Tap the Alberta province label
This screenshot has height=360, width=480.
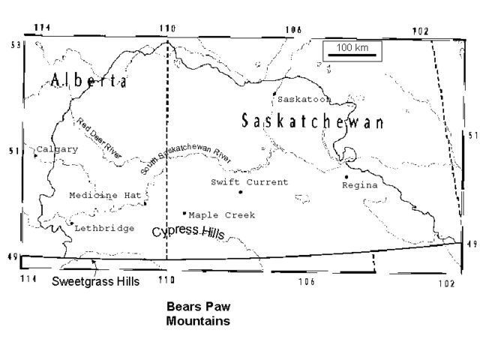click(x=88, y=81)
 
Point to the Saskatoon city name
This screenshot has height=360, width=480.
click(x=304, y=99)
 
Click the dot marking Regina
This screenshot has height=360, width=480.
click(x=346, y=176)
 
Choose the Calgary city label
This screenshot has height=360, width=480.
click(x=57, y=149)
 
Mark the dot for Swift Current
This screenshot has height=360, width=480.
click(x=241, y=192)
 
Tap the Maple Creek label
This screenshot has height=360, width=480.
click(x=222, y=215)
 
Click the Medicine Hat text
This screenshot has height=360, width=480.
click(x=105, y=195)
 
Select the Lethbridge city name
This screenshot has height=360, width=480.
click(x=104, y=228)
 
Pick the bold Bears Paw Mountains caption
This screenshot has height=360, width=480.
click(x=198, y=314)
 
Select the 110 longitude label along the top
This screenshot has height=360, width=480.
click(x=166, y=28)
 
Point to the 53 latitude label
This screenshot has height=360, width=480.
click(x=13, y=45)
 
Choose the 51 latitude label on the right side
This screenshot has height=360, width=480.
click(x=472, y=136)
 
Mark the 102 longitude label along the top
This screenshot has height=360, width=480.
click(x=421, y=30)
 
